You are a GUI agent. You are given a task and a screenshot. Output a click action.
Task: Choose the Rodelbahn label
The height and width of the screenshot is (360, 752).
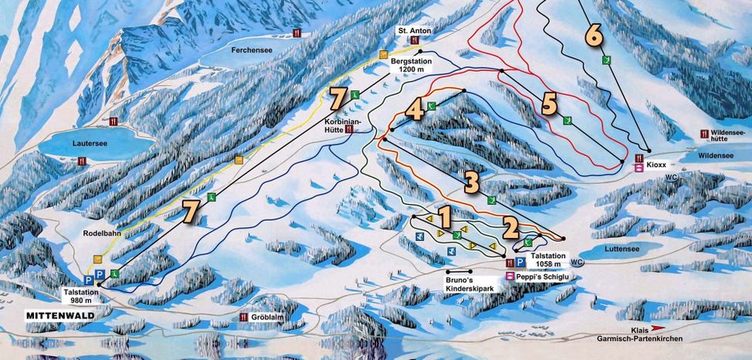click(103, 232)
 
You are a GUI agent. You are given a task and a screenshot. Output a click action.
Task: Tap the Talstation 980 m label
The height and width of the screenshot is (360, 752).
click(82, 298)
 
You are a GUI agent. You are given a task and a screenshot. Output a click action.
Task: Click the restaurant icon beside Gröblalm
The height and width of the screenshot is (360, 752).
click(244, 317)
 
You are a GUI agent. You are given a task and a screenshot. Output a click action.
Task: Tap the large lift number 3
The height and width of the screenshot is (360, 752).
click(472, 182)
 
